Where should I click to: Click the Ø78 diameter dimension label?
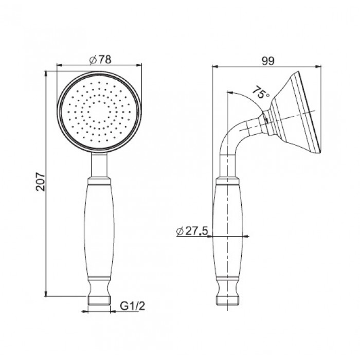click(100, 60)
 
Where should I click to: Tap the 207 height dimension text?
click(41, 181)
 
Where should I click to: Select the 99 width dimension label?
click(268, 61)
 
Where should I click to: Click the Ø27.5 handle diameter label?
click(192, 231)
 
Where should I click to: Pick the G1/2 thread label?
click(133, 306)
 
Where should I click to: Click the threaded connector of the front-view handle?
click(99, 301)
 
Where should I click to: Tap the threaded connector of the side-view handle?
click(227, 301)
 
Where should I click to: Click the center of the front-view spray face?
click(99, 112)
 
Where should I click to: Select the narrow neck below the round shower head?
click(99, 165)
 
